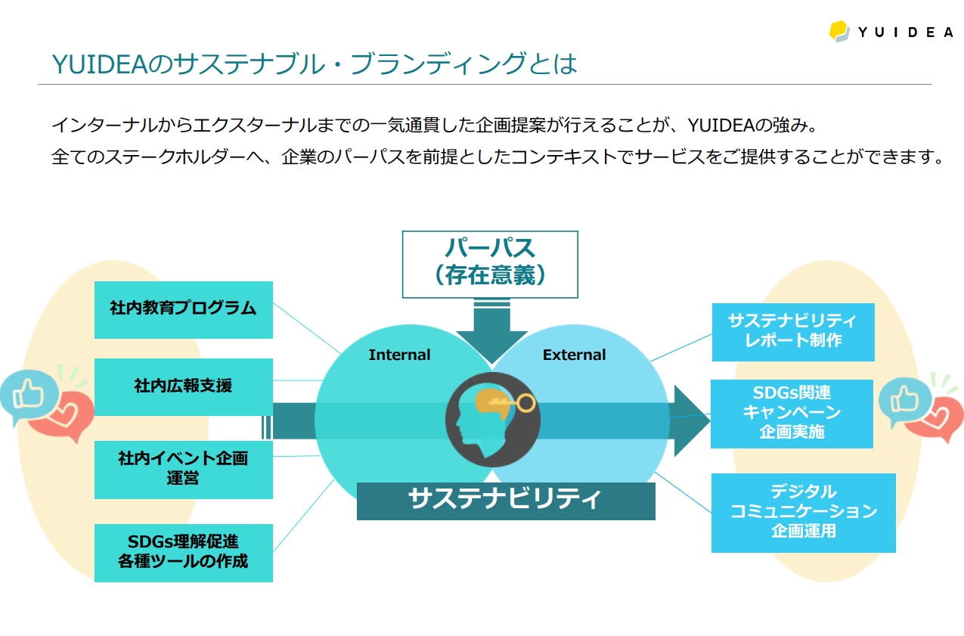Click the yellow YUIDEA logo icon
(x=839, y=31)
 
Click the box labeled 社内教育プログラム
(x=183, y=310)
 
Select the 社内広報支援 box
(x=183, y=387)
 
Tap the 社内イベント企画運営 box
(x=183, y=470)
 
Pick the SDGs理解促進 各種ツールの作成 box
(x=183, y=553)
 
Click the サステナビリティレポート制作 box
(x=793, y=332)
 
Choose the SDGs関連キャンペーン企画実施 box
(x=792, y=414)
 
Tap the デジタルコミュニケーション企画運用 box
(x=804, y=513)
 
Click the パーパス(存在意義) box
(x=490, y=264)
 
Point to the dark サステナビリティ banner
(x=506, y=501)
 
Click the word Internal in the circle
(x=399, y=355)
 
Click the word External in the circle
(x=574, y=355)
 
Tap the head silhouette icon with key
(x=493, y=420)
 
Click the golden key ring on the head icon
(x=525, y=403)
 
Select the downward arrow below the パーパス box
(x=492, y=331)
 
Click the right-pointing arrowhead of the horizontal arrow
(x=692, y=420)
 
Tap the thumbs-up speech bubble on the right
(x=904, y=401)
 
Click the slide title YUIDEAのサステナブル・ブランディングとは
(x=315, y=64)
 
